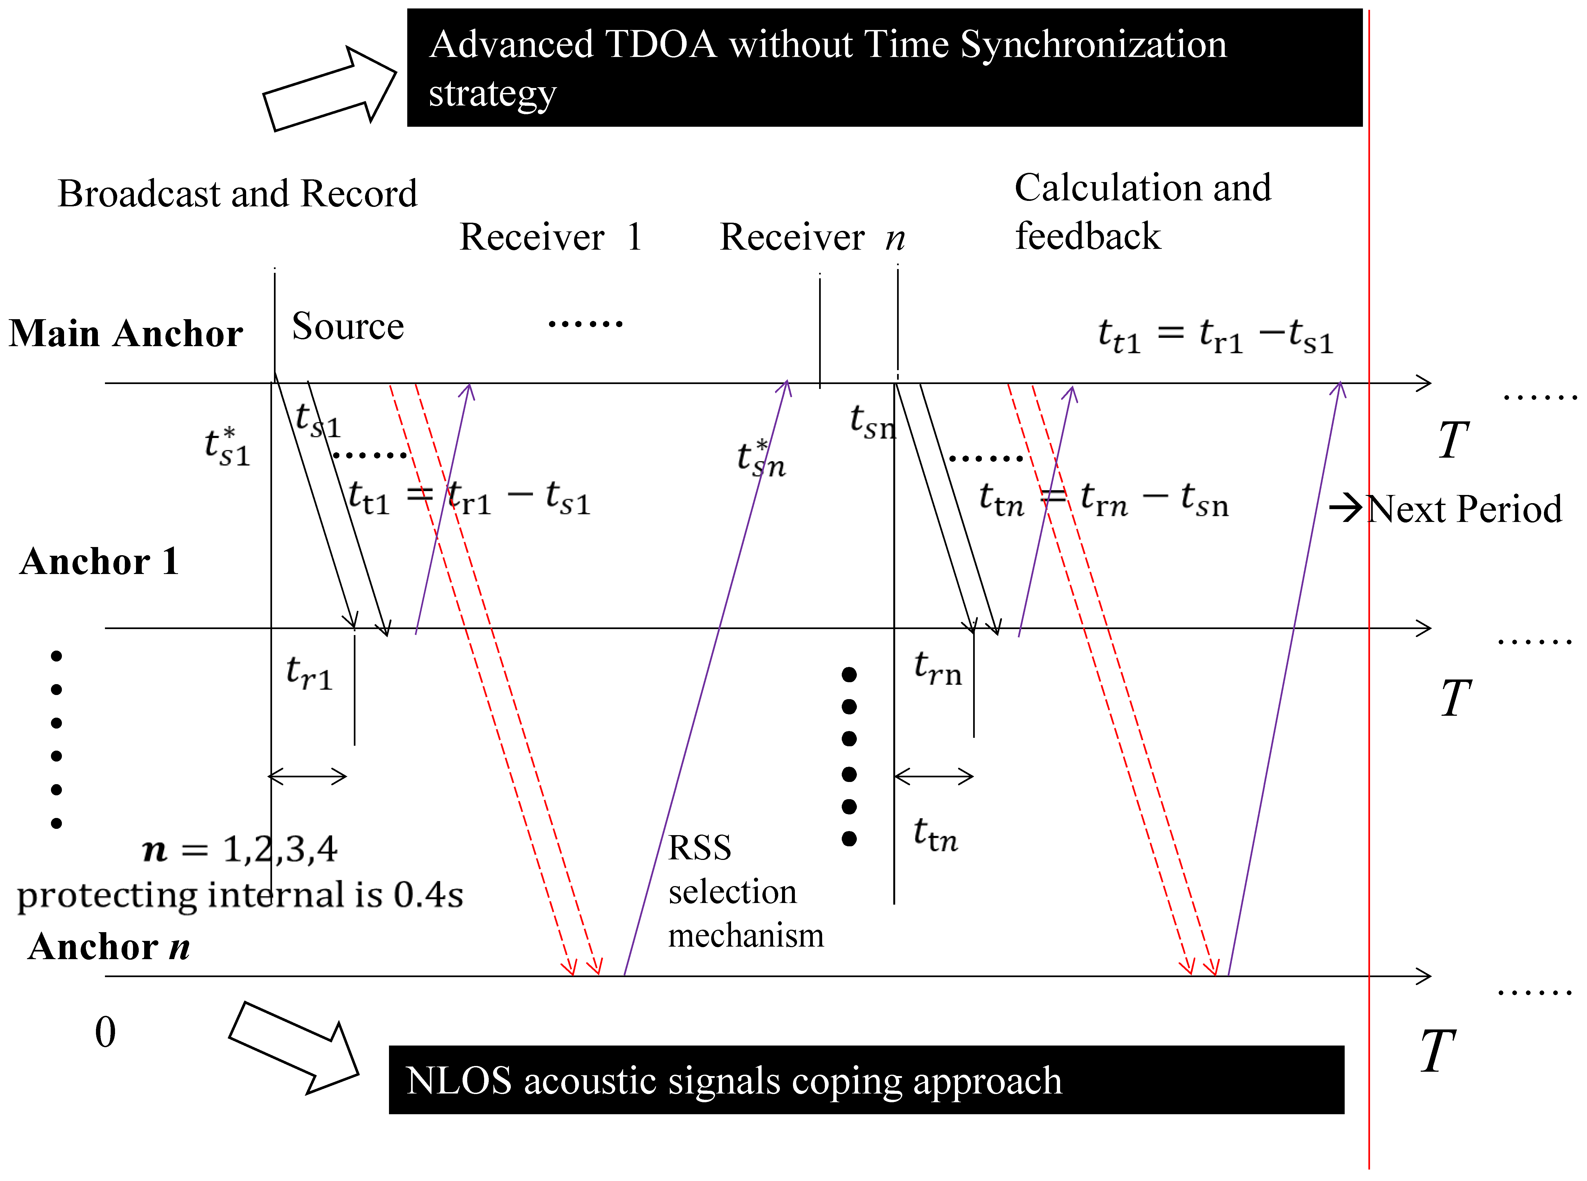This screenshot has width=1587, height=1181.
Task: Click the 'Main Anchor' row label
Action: click(x=126, y=333)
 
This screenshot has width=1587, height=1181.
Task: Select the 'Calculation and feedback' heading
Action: click(x=1142, y=212)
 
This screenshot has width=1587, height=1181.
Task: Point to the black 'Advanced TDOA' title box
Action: click(x=884, y=68)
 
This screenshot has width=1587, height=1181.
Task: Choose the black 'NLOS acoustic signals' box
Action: click(x=866, y=1080)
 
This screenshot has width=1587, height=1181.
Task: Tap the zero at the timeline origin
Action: click(x=105, y=1032)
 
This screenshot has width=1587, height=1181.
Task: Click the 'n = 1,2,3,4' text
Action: click(x=240, y=849)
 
